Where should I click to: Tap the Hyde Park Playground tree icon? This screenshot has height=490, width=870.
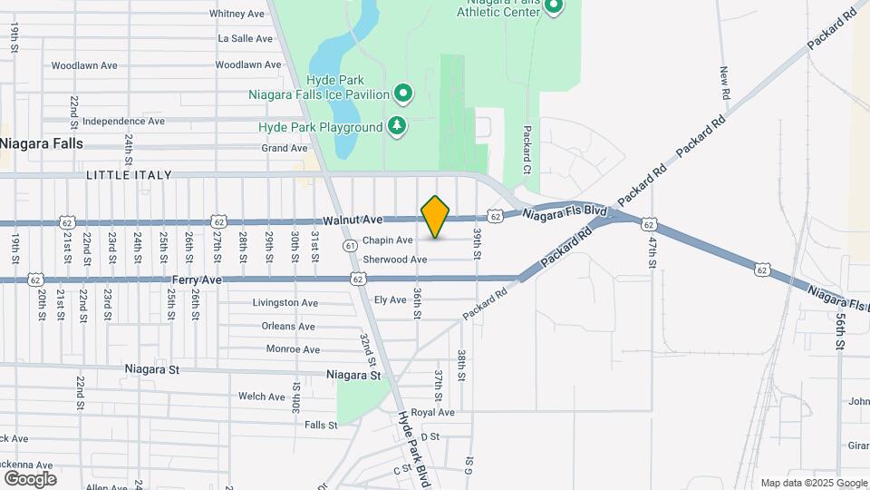pos(396,127)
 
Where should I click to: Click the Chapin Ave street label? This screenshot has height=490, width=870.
pos(388,240)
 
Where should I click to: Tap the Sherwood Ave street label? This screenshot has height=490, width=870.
pos(394,260)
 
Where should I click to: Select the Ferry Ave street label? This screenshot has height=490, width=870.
pos(197,279)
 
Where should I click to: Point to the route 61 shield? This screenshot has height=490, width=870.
pos(350,245)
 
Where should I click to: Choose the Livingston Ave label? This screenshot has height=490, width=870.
pos(285,302)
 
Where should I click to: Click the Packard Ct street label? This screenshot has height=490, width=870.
pos(527,150)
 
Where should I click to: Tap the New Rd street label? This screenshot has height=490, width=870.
pos(725,83)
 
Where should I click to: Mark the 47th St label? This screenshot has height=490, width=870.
pos(652,250)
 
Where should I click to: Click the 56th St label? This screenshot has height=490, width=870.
pos(841,332)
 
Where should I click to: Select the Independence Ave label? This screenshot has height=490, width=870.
pos(123,121)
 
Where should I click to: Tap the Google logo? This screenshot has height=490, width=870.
pos(30,479)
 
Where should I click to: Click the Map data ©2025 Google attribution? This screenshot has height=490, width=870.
pos(813,483)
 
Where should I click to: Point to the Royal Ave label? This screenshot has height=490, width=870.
pos(432,412)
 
